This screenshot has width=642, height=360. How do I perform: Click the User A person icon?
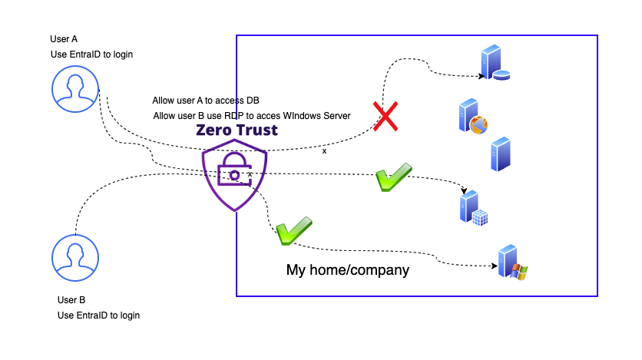[x=74, y=87]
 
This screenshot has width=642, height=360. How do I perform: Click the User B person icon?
[x=74, y=256]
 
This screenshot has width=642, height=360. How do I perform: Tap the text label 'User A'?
[x=63, y=38]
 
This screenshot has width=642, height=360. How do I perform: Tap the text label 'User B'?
[x=71, y=300]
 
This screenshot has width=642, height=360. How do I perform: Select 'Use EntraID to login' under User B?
[x=99, y=315]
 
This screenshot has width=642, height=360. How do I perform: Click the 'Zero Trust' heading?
[x=237, y=130]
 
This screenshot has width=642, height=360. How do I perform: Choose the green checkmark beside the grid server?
[x=394, y=177]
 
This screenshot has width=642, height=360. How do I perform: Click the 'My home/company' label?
[x=348, y=270]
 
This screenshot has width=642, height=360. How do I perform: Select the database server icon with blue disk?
[x=494, y=64]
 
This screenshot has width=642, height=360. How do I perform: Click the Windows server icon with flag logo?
[x=511, y=263]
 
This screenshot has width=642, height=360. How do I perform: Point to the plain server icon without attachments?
[x=500, y=154]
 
